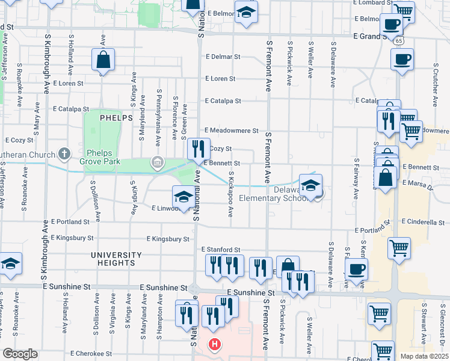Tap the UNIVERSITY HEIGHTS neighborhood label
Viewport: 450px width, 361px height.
112,259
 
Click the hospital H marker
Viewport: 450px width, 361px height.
213,345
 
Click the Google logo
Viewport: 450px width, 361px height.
20,354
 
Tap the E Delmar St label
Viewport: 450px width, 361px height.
223,57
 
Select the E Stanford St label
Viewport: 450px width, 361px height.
221,249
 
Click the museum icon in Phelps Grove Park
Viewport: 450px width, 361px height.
157,161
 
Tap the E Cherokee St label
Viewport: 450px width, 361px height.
92,354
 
